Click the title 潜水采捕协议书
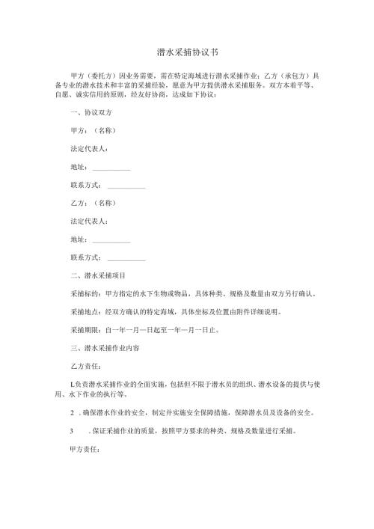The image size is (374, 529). pos(187,52)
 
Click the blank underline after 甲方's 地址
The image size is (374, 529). pos(111,166)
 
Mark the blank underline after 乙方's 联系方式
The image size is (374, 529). pos(126,258)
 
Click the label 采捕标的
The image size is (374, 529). pos(84,294)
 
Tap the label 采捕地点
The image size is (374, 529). pos(84,312)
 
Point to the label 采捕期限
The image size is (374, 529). pos(84,330)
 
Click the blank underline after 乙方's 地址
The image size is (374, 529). pos(111,239)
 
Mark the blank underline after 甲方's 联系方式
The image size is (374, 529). pos(126,185)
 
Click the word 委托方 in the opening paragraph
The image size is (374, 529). pos(100,76)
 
